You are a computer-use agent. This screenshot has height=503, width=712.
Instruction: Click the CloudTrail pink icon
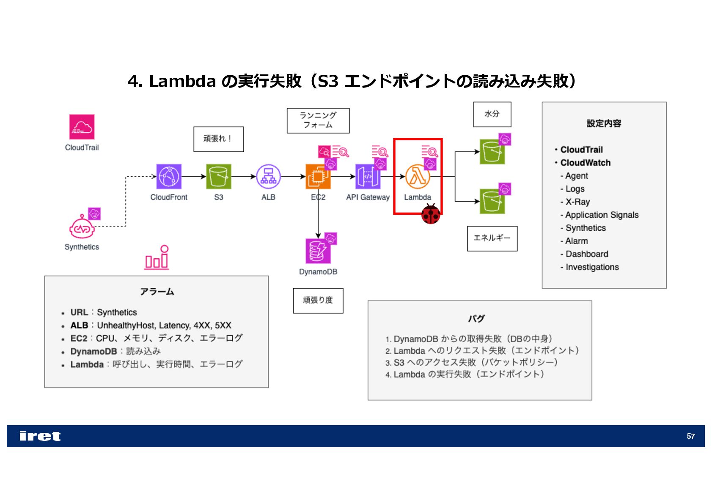pos(82,126)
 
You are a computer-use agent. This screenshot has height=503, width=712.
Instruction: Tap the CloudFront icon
pos(169,176)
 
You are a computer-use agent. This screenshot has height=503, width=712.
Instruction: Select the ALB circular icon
pos(268,176)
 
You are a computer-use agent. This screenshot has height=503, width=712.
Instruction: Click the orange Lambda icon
pos(417,177)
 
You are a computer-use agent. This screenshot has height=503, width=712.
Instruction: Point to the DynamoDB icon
pos(318,251)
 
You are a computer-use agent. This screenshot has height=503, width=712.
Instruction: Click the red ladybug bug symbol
pos(431,214)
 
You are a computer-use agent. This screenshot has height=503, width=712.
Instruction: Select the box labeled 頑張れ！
pos(218,139)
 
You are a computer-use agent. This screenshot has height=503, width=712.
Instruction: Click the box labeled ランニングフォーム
pos(318,120)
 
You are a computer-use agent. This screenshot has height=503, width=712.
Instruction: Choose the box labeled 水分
pos(492,114)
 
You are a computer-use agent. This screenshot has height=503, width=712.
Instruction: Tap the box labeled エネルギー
pos(492,238)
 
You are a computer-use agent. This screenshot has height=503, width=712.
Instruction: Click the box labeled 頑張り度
pos(318,301)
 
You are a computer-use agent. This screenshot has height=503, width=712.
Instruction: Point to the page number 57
pos(690,436)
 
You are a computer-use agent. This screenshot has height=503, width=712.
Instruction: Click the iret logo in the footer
pos(40,436)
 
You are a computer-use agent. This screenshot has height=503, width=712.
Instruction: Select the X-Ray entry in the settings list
pos(577,202)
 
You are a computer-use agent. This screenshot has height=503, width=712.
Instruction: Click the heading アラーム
pos(157,292)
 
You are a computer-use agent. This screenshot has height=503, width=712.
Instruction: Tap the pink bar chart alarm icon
pos(157,257)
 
